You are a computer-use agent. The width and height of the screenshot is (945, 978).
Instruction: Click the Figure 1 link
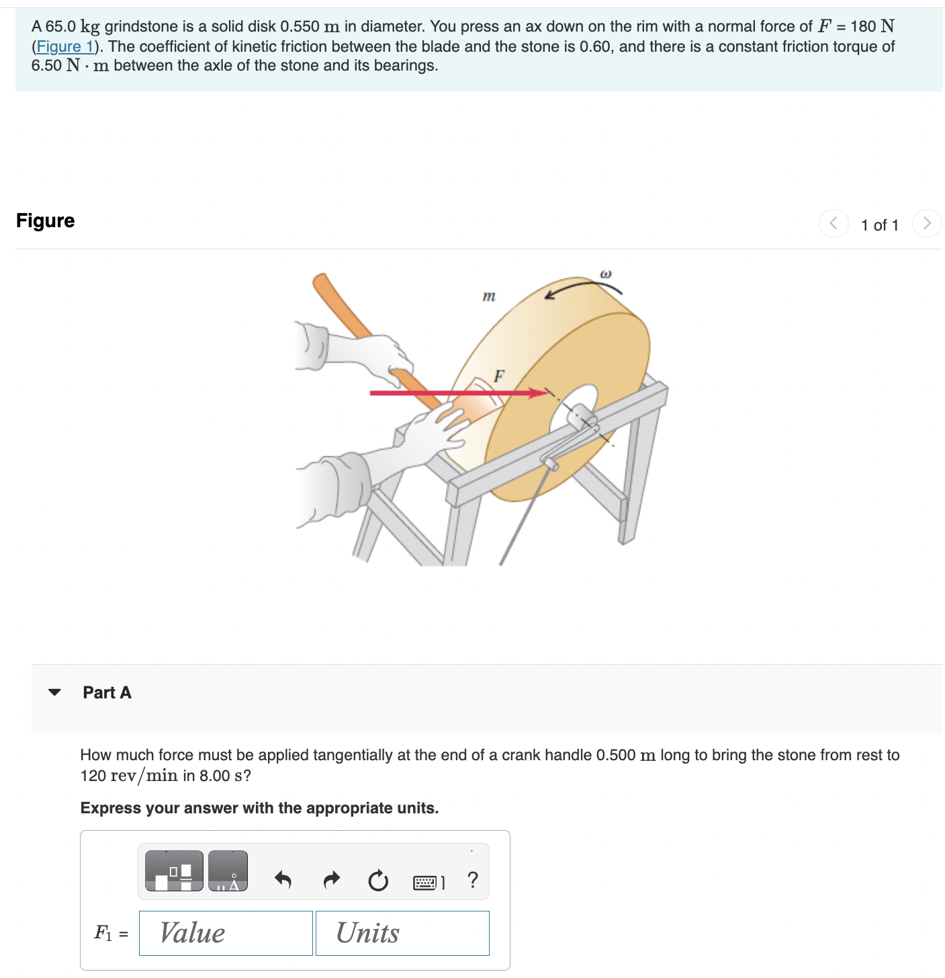coord(64,46)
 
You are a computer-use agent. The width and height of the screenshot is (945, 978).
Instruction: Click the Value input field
coord(226,933)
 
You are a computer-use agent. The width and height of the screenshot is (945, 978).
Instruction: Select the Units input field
coord(402,933)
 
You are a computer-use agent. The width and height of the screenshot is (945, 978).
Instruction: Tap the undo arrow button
coord(283,879)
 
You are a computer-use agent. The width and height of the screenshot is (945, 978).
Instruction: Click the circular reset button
coord(378,880)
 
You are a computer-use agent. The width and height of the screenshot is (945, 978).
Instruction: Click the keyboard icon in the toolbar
coord(428,882)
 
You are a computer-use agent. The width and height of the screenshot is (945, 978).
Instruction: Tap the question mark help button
coord(473,880)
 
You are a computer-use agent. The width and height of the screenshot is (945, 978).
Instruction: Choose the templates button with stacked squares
coord(174,871)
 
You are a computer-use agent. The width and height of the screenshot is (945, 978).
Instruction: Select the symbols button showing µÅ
coord(228,871)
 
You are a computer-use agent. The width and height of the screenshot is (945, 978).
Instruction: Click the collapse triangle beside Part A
coord(55,692)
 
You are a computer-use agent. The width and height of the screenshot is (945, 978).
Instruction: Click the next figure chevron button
coord(927,223)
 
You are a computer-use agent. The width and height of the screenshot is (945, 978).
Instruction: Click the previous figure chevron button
coord(834,223)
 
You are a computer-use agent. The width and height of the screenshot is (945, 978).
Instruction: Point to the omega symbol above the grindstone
coord(605,274)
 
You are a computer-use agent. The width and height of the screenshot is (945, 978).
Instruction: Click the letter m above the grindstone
coord(489,296)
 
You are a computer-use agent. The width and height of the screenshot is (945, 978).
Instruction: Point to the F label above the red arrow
coord(499,376)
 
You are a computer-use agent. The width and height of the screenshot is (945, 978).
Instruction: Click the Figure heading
coord(46,220)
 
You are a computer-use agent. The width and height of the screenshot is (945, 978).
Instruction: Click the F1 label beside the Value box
coord(103,933)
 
